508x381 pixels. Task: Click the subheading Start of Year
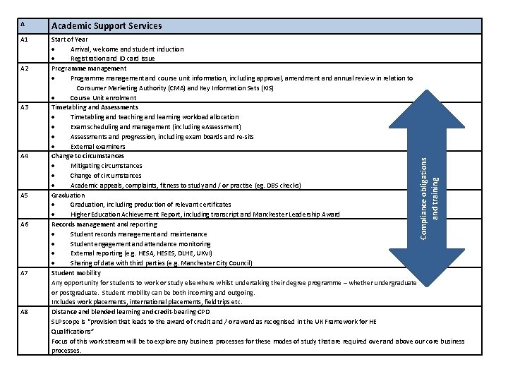pos(70,40)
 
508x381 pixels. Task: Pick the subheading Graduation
pos(68,195)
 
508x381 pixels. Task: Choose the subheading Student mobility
pos(76,272)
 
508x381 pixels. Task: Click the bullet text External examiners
pos(98,146)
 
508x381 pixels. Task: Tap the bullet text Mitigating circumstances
pos(106,166)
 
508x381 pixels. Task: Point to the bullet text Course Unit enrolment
pos(98,97)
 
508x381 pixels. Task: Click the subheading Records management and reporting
pos(104,224)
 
